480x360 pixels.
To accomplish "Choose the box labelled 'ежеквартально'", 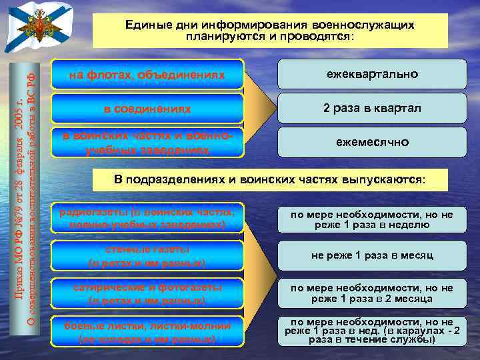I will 372,74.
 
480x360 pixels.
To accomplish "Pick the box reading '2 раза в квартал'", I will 372,108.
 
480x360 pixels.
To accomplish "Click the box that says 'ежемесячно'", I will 372,142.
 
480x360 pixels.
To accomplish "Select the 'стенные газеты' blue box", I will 148,256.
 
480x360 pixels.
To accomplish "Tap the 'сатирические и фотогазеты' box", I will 148,293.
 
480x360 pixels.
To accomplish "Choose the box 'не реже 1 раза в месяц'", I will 372,255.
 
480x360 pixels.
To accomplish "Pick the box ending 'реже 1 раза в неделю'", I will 372,219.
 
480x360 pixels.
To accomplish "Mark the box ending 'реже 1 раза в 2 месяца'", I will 372,293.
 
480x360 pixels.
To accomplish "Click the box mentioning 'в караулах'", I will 372,331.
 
